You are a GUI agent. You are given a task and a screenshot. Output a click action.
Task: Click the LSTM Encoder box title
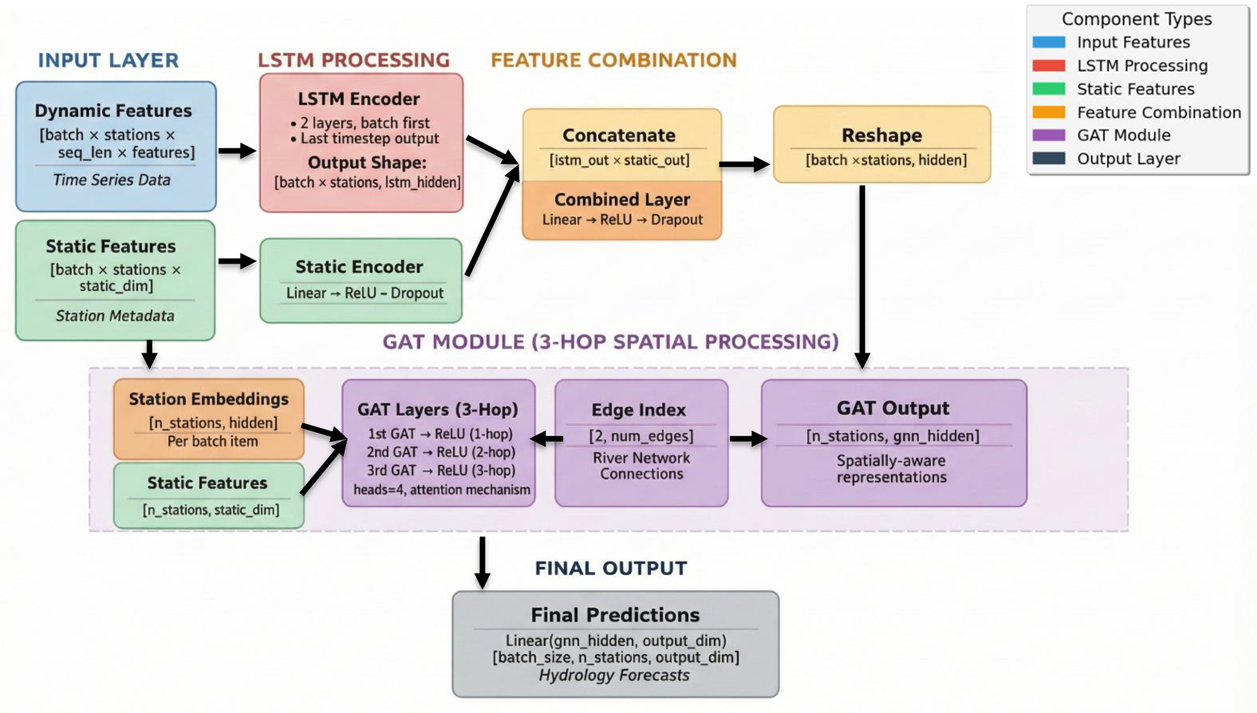click(359, 99)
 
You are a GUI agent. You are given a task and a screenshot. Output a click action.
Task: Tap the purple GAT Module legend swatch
click(1048, 135)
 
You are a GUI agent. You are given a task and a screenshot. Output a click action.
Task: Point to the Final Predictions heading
click(615, 615)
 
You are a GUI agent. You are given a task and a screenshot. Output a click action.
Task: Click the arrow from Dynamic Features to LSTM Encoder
click(237, 151)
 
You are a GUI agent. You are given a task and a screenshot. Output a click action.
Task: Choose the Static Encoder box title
click(359, 267)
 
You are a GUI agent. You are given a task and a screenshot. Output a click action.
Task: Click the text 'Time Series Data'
click(111, 180)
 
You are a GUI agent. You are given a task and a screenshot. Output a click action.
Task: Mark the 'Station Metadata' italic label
click(115, 316)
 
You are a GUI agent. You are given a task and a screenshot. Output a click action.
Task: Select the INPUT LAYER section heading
click(108, 60)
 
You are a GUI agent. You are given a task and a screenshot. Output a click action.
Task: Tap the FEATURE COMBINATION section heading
click(614, 60)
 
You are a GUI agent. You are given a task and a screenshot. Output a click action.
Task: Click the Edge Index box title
click(639, 410)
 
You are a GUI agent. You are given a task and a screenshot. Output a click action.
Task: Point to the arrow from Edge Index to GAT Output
click(747, 439)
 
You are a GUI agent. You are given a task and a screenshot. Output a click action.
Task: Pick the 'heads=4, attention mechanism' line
click(442, 490)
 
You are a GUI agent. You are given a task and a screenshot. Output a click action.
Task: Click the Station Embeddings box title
click(209, 399)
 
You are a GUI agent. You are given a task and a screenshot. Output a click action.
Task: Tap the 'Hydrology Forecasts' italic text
click(614, 675)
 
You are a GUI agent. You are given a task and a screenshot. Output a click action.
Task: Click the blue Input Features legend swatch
click(1048, 42)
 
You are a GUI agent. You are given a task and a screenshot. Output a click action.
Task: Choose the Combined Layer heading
click(622, 200)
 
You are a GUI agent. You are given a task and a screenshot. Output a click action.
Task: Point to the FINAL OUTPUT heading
click(611, 568)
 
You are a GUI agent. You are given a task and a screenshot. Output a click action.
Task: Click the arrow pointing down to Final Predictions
click(482, 563)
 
